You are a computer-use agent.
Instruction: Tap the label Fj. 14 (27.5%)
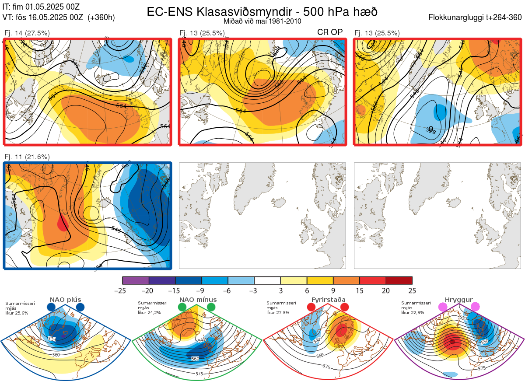coord(27,33)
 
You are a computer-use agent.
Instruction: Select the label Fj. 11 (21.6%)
coord(27,157)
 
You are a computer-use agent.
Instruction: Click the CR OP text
coord(330,32)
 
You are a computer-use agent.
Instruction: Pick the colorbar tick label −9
coord(201,290)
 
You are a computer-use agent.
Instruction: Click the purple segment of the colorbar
coord(136,280)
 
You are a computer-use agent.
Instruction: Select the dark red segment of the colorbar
coord(399,280)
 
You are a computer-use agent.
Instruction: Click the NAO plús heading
coord(66,300)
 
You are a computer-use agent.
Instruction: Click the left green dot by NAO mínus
coord(182,308)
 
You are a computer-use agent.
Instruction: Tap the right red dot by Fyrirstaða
coord(344,308)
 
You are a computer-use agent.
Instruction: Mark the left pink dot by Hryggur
coord(442,308)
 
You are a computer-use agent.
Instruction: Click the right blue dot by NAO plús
coord(80,308)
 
